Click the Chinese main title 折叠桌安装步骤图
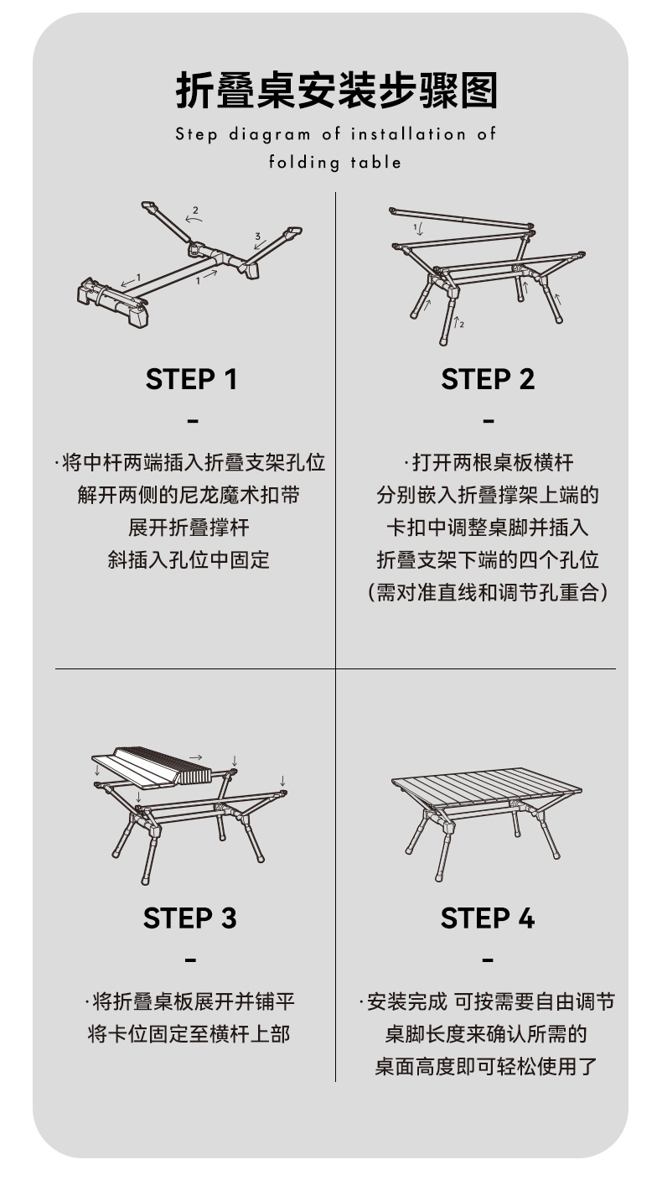(x=336, y=91)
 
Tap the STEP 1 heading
(x=191, y=379)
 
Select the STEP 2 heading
(x=488, y=379)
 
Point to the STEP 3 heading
(x=189, y=918)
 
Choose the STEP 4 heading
(x=488, y=918)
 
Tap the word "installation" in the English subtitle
(x=408, y=133)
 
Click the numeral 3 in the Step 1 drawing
(x=258, y=236)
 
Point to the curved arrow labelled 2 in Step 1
(x=194, y=217)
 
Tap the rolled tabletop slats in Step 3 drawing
(x=165, y=765)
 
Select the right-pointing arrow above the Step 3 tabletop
(x=196, y=757)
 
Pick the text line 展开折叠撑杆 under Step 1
(x=189, y=528)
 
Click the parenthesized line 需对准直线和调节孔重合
(x=488, y=592)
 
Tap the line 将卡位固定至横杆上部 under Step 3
(x=189, y=1034)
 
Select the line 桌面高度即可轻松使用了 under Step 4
(x=486, y=1066)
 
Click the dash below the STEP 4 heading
(x=489, y=960)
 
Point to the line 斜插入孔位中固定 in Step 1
(x=189, y=560)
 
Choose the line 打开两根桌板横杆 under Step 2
(x=489, y=463)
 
